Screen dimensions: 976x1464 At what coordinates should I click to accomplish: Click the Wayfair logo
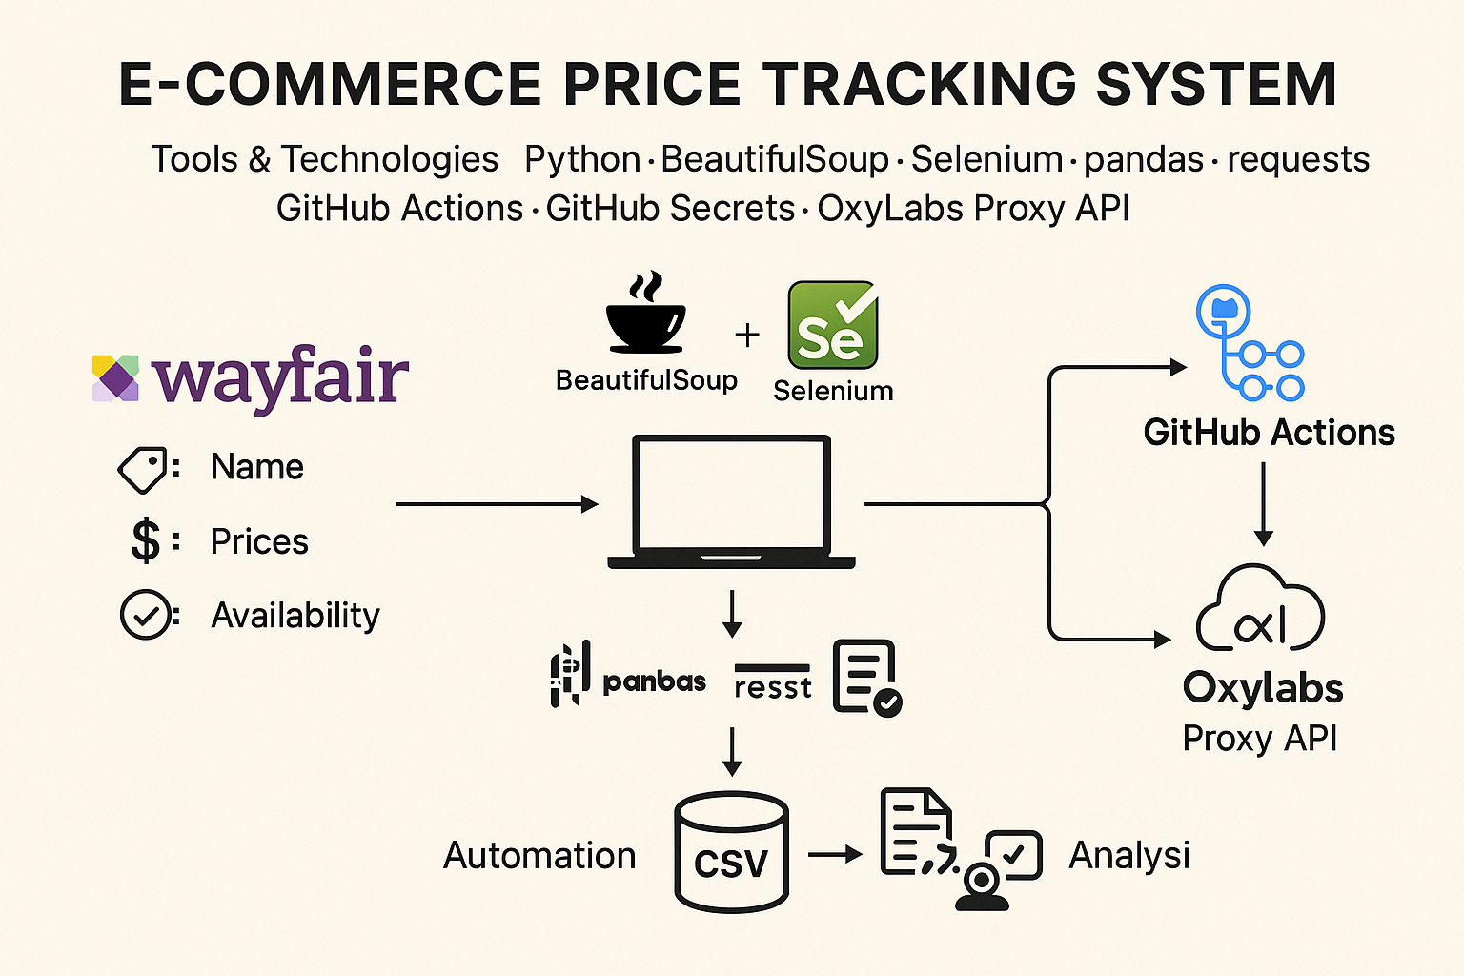tap(251, 378)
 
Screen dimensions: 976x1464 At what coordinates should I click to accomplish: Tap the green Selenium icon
tap(832, 325)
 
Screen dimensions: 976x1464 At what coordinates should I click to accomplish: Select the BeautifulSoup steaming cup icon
tap(645, 315)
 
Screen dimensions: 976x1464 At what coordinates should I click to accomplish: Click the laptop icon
tap(732, 502)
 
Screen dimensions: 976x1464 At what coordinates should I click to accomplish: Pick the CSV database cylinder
tap(731, 851)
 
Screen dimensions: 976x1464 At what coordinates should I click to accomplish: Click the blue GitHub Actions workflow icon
tap(1250, 343)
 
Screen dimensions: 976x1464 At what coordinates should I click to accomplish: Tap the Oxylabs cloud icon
tap(1260, 610)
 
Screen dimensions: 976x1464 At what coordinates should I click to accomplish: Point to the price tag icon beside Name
tap(142, 469)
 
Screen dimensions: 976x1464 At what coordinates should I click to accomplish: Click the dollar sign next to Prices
tap(145, 541)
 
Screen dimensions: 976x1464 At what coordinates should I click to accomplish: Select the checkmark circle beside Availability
tap(145, 616)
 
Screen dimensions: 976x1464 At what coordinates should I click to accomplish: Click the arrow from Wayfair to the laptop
tap(496, 504)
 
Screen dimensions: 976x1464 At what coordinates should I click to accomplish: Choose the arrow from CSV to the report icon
tap(835, 855)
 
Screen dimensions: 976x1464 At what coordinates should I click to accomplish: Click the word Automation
tap(539, 856)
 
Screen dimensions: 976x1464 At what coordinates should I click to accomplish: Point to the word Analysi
tap(1129, 856)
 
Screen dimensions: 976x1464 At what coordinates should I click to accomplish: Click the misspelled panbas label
tap(654, 681)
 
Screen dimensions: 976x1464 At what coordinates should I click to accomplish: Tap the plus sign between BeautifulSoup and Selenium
tap(747, 335)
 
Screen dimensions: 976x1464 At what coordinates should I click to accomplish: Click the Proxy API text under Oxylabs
tap(1260, 739)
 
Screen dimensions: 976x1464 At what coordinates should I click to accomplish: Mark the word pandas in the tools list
tap(1144, 159)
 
